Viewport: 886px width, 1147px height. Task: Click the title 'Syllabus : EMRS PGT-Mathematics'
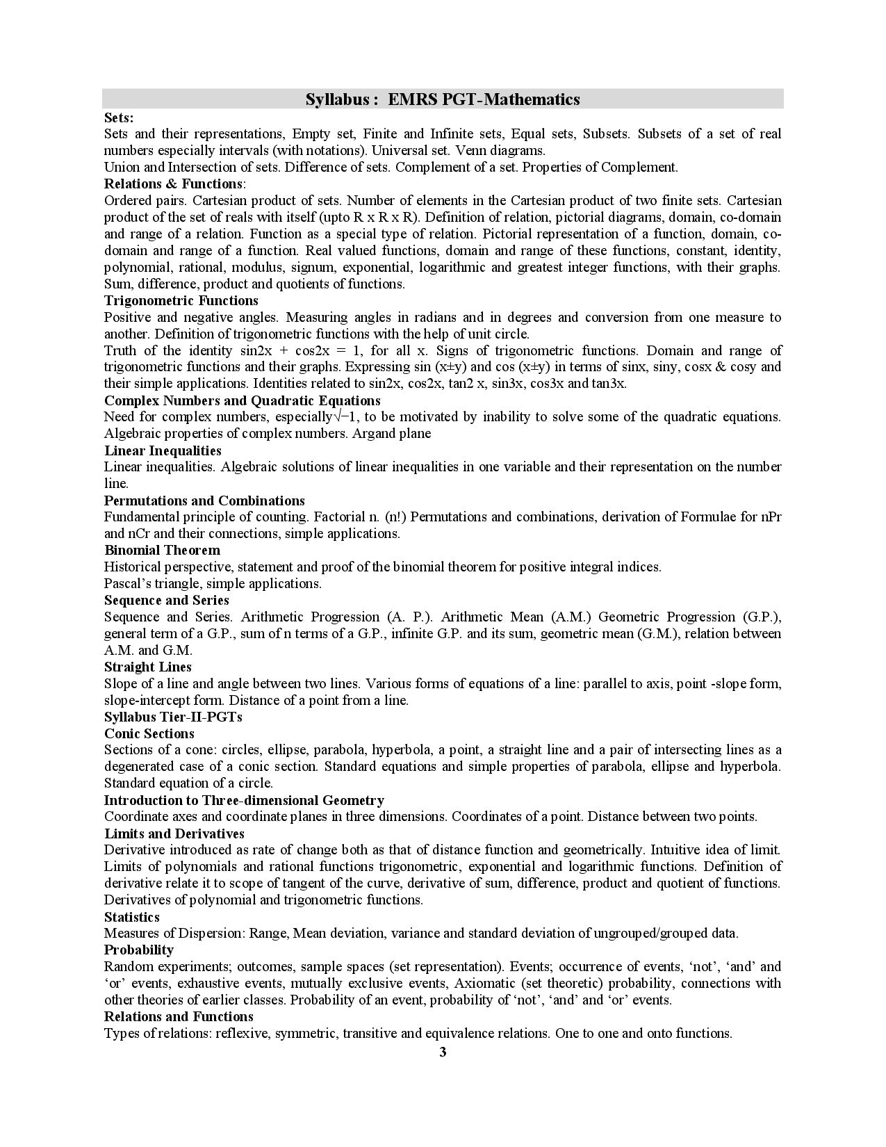443,99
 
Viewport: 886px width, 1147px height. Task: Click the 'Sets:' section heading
119,117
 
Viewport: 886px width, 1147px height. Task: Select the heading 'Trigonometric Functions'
181,300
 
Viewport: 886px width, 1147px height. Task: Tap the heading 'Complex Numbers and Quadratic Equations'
243,400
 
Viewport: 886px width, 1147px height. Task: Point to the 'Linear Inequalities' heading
163,450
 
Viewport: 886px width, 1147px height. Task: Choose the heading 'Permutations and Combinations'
204,501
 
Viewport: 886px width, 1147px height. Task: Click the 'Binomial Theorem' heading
162,551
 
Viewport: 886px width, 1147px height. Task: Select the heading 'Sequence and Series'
167,600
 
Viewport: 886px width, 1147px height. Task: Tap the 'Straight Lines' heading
148,667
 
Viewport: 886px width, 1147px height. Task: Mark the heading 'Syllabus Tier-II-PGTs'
173,717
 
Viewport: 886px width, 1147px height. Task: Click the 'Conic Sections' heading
149,733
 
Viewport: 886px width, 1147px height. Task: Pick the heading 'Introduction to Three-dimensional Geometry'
244,800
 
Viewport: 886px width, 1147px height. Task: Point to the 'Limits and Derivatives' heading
174,833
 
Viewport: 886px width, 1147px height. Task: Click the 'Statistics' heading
132,917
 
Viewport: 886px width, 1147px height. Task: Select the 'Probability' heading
139,950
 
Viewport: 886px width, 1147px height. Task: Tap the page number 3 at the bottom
443,1052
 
